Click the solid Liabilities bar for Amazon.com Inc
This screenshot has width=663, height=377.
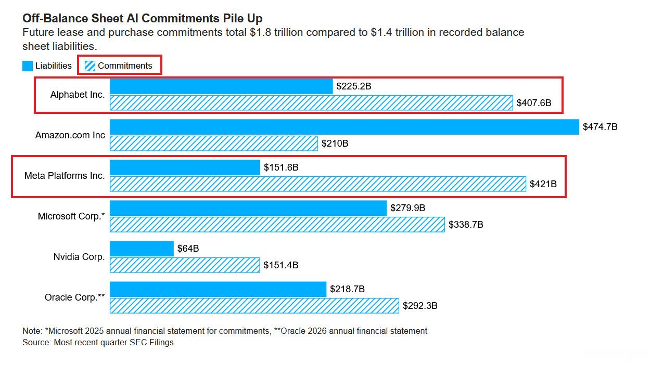(x=344, y=127)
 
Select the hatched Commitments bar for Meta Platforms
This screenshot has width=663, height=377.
(x=318, y=184)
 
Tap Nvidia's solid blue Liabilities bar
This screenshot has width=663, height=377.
(x=142, y=249)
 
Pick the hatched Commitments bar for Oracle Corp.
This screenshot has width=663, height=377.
(x=254, y=306)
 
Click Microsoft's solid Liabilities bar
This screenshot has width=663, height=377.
(x=248, y=208)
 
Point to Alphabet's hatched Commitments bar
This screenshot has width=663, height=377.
(x=311, y=103)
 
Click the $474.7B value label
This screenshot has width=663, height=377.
(x=600, y=127)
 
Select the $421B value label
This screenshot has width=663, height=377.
(x=543, y=184)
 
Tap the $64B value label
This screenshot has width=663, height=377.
(x=188, y=249)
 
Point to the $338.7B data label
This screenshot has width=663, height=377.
(x=466, y=225)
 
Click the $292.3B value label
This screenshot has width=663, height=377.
(x=420, y=305)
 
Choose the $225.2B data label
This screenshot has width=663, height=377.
(x=354, y=86)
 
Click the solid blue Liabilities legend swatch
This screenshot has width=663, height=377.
(x=28, y=66)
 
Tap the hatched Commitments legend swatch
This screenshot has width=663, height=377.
(x=90, y=66)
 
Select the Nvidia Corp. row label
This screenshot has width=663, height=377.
(x=79, y=257)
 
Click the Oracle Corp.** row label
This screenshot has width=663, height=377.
(x=74, y=297)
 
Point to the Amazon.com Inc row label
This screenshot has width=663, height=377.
(x=70, y=135)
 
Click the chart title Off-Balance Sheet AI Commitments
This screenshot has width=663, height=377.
(x=121, y=18)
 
